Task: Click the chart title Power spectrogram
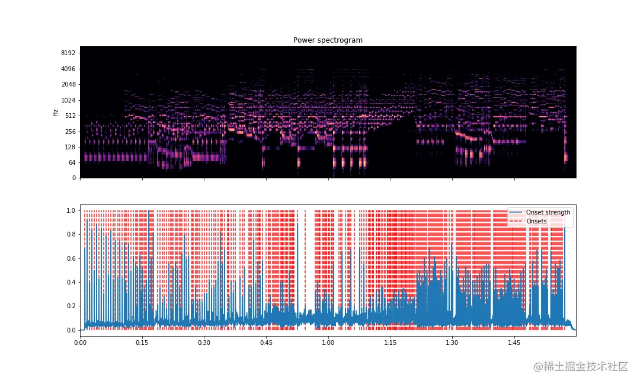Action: (328, 40)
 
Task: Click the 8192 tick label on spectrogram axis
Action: (68, 53)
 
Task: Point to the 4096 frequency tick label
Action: (68, 69)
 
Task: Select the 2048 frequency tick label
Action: (68, 84)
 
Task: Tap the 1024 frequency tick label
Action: (68, 100)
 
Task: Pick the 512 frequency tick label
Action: (70, 116)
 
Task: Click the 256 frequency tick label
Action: (70, 131)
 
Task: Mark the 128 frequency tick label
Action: (70, 147)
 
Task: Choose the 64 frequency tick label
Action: (72, 162)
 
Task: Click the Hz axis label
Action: (55, 112)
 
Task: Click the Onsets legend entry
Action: (536, 221)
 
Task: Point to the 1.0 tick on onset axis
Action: (71, 210)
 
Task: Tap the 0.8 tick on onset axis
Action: (71, 234)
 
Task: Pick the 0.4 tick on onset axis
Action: (71, 282)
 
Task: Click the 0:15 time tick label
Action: (142, 343)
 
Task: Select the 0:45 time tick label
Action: (266, 343)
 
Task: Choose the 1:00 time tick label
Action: (328, 343)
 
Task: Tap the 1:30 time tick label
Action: (452, 343)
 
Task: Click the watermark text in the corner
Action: (581, 367)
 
